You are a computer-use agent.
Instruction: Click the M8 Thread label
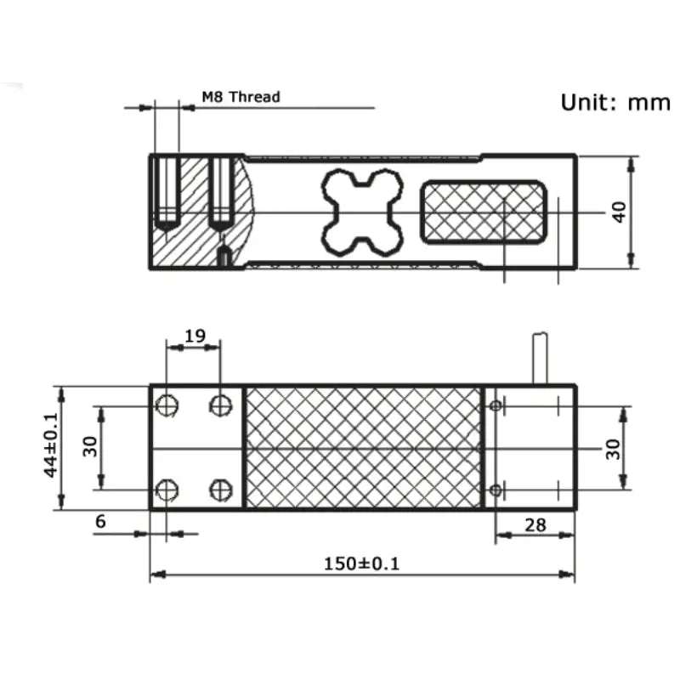click(241, 97)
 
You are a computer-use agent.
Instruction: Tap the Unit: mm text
click(615, 102)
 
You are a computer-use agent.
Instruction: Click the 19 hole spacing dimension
click(195, 335)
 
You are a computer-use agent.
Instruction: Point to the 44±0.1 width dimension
click(50, 446)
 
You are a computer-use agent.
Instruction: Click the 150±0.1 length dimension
click(361, 563)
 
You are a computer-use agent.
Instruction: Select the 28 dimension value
click(535, 524)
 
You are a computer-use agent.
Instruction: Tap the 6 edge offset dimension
click(100, 521)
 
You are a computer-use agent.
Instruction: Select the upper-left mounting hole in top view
click(167, 406)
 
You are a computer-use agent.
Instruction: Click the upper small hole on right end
click(496, 406)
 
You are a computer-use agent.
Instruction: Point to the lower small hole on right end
click(496, 489)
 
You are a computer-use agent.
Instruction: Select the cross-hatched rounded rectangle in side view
click(483, 212)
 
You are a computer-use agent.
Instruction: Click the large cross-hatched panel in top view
click(363, 448)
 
